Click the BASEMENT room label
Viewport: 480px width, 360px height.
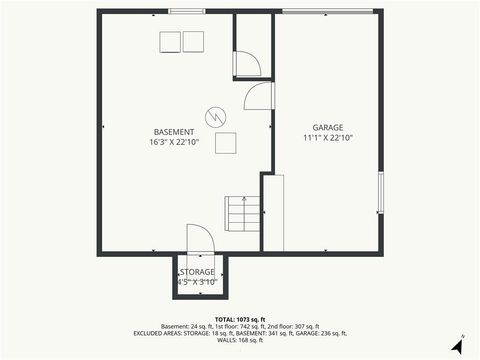pos(175,132)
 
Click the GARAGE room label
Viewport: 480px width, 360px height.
pos(327,127)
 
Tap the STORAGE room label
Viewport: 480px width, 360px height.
pos(197,272)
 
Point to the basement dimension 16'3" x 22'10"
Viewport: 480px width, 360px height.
pos(175,142)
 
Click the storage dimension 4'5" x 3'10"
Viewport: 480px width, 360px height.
pos(197,282)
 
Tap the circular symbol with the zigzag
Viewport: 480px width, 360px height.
pos(216,116)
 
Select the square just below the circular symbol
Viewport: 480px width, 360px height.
pos(226,142)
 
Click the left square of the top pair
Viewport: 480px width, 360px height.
pos(169,41)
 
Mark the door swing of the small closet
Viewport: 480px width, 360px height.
pos(248,64)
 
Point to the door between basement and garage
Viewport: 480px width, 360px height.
pos(258,97)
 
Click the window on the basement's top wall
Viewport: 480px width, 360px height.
pos(182,11)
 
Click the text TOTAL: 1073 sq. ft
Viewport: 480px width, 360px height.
pos(240,319)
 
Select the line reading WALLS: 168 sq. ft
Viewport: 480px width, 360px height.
pos(240,340)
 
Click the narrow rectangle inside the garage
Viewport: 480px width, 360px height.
pos(273,212)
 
